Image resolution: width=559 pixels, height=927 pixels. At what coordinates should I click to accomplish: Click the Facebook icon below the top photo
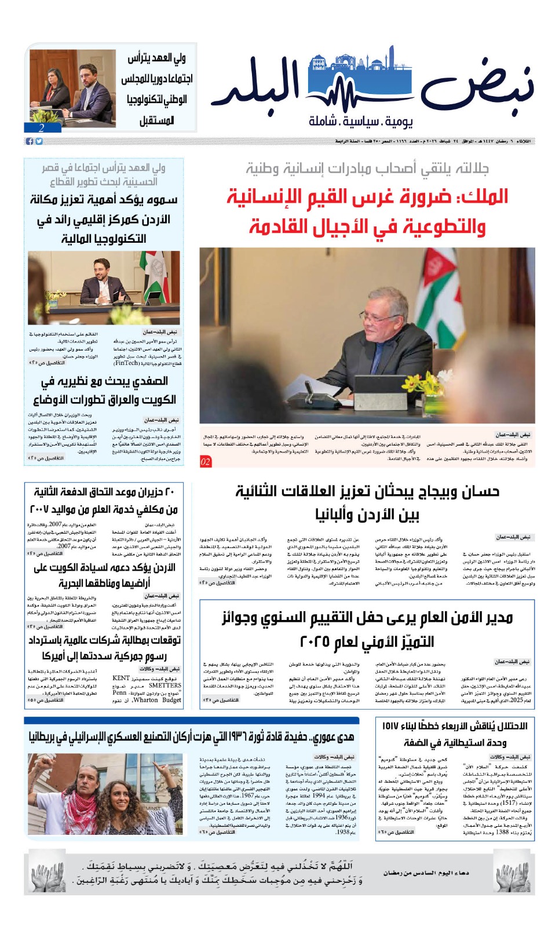pyautogui.click(x=29, y=141)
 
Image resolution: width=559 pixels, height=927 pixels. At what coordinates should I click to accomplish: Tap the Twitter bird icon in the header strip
pyautogui.click(x=39, y=141)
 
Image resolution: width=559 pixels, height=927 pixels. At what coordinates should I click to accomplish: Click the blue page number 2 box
pyautogui.click(x=42, y=128)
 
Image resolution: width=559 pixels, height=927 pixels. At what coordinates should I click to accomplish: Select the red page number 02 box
pyautogui.click(x=206, y=462)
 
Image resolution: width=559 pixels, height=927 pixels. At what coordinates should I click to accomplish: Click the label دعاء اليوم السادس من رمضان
pyautogui.click(x=426, y=873)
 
